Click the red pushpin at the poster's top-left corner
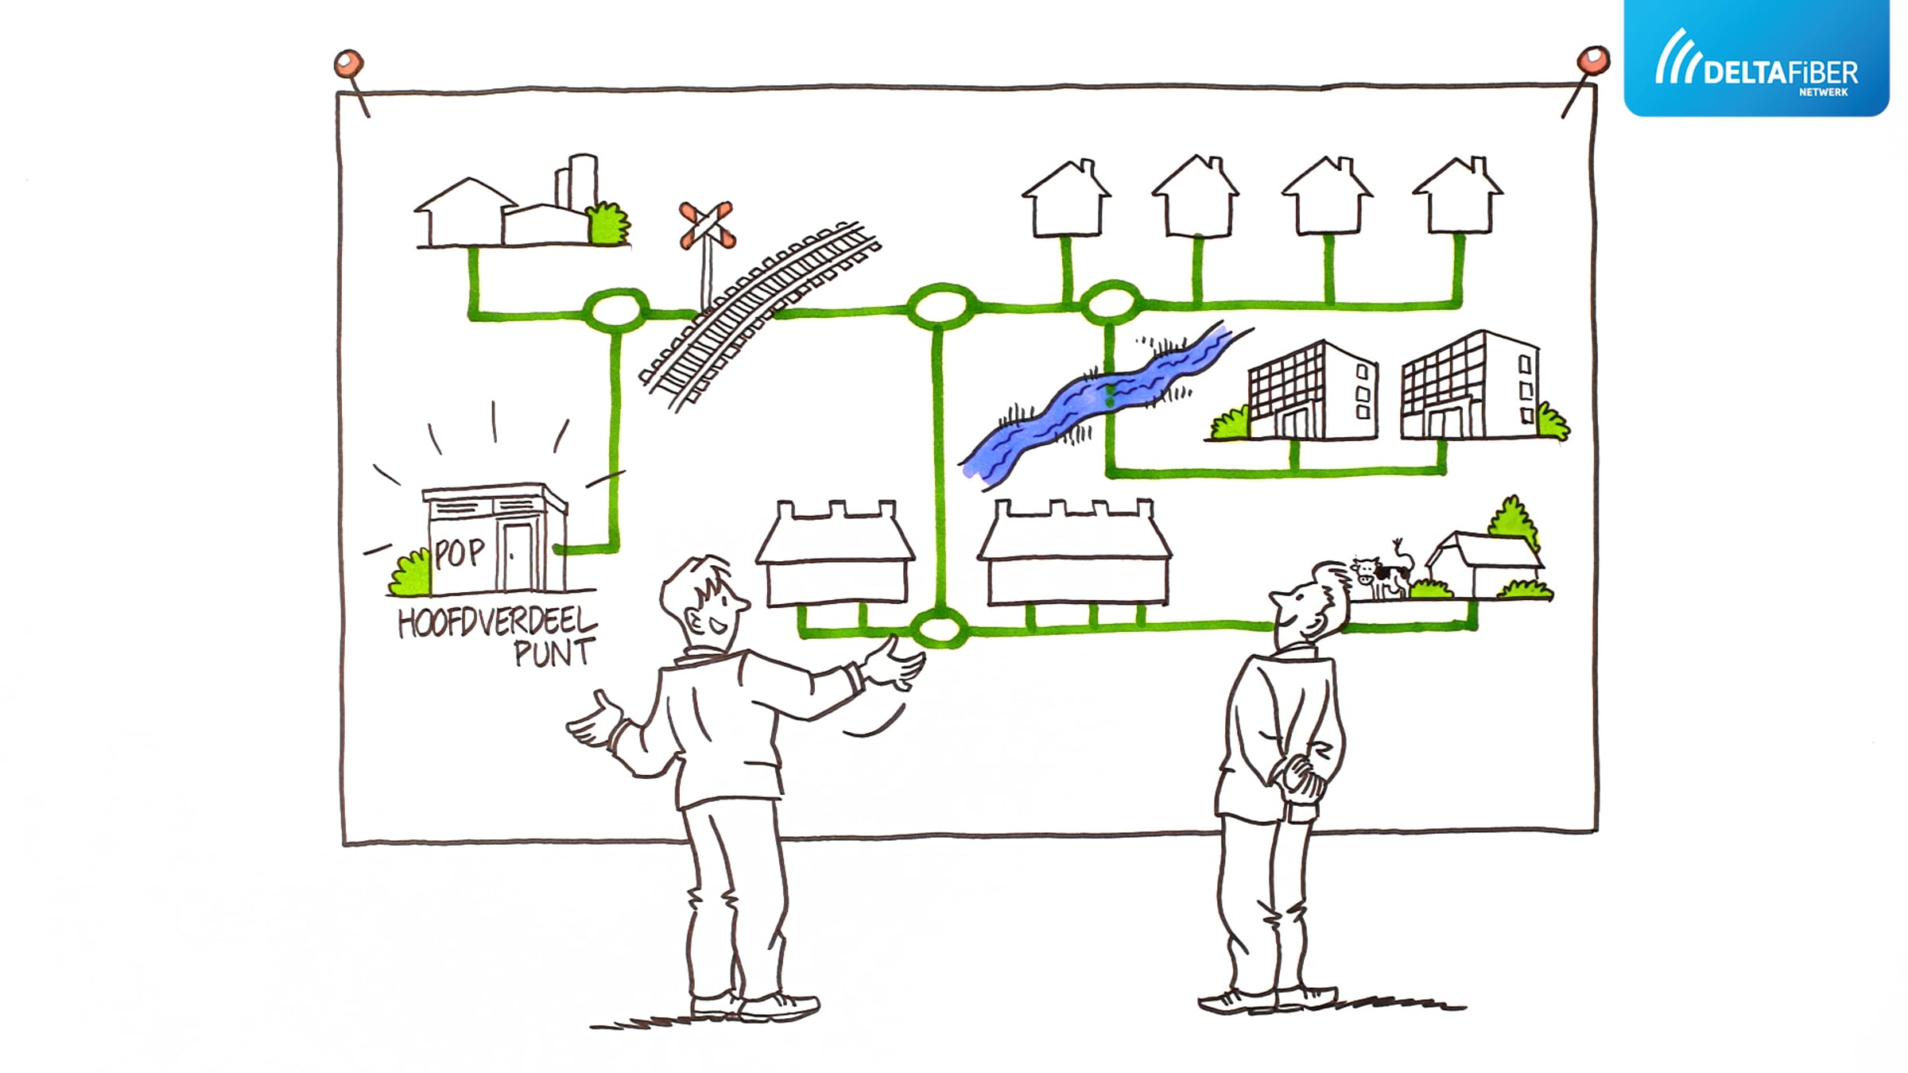click(x=349, y=64)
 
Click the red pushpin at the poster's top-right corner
click(x=1592, y=60)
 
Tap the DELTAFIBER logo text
click(x=1780, y=73)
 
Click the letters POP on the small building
click(x=460, y=552)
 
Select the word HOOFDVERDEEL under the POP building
click(x=497, y=622)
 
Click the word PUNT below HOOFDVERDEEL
click(x=554, y=653)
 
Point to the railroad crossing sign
click(x=706, y=225)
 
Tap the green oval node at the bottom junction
click(x=940, y=629)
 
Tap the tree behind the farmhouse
click(x=1514, y=522)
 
